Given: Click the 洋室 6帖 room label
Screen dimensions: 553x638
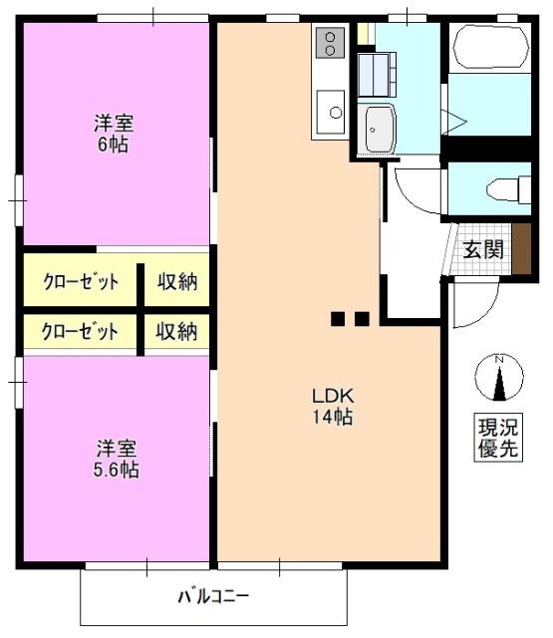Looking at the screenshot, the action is tap(114, 134).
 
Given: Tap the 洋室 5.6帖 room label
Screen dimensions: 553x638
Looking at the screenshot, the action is tap(116, 459).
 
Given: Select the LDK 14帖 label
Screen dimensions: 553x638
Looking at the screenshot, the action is tap(332, 406).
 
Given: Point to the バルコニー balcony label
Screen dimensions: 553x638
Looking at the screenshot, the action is tap(213, 597).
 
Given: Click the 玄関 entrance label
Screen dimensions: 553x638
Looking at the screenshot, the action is tap(483, 249).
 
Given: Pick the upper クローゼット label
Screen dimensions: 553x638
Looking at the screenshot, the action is tap(81, 282).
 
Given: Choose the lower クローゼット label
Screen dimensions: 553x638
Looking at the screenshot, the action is tap(80, 332).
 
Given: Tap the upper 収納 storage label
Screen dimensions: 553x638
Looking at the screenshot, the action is tap(177, 281).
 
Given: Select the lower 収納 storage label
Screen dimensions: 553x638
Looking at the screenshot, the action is tap(176, 331).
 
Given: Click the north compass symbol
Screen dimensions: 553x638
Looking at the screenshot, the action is tap(499, 378).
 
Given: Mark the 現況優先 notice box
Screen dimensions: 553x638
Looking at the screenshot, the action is tap(498, 439).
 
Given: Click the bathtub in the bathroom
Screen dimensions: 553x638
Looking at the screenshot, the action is tap(491, 47).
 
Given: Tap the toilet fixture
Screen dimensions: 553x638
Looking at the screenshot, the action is tap(509, 189).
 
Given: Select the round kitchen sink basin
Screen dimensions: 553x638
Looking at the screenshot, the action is tap(336, 112).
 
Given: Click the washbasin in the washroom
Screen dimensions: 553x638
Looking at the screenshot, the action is tap(380, 129).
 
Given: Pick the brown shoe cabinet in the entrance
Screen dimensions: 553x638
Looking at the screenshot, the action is tap(521, 248).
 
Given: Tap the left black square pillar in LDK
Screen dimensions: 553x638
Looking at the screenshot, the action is tap(338, 319).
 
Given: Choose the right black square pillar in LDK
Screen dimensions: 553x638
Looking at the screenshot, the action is tap(362, 319).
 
